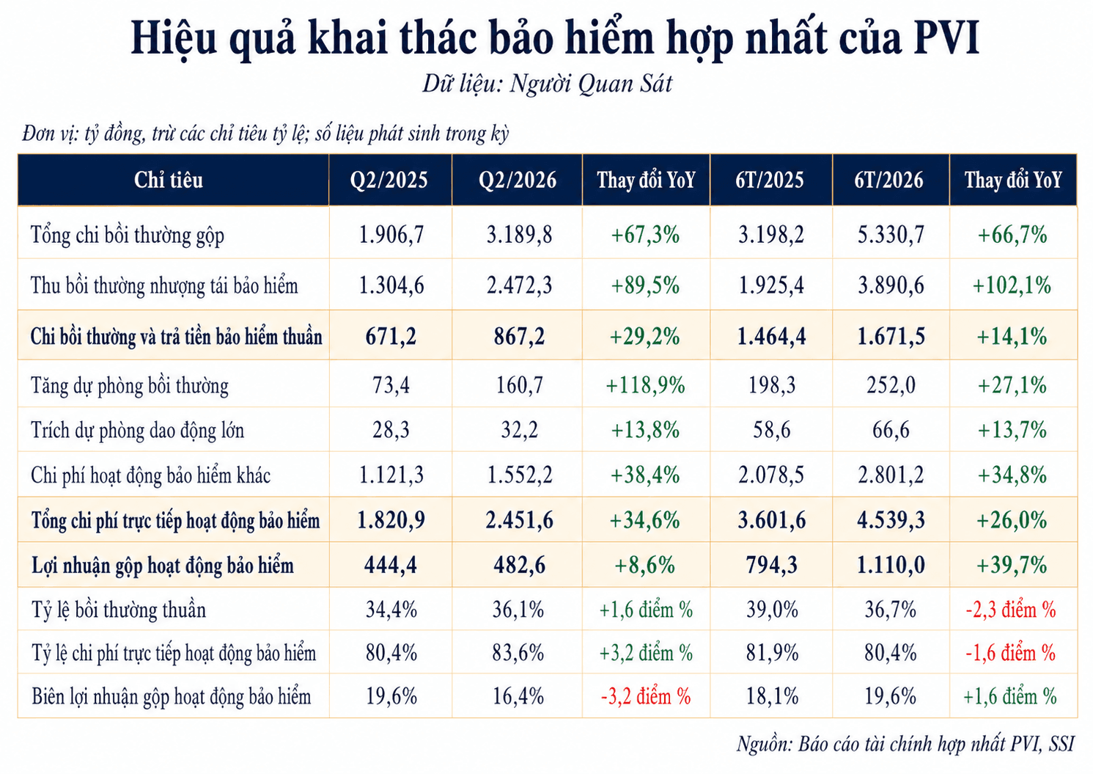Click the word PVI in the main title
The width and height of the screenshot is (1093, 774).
[x=946, y=37]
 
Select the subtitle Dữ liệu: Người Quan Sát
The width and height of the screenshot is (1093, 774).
[x=547, y=84]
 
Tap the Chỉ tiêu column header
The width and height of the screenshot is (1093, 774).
[x=169, y=180]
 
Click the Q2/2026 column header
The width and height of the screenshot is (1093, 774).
[x=518, y=180]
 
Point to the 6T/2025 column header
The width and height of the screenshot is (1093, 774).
[x=770, y=180]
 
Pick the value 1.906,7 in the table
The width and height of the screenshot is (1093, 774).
[x=391, y=235]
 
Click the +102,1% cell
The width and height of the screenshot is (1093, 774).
[x=1012, y=285]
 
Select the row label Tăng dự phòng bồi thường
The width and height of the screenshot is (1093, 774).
[x=129, y=387]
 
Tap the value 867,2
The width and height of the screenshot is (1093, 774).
[x=519, y=337]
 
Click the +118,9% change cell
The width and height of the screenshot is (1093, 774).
[x=645, y=385]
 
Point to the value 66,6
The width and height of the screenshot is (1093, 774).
[x=891, y=430]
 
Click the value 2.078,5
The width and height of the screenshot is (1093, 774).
[x=771, y=475]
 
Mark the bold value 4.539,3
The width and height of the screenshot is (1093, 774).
[x=891, y=521]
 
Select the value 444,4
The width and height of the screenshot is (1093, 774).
[x=390, y=566]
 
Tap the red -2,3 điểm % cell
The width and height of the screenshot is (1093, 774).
[x=1011, y=610]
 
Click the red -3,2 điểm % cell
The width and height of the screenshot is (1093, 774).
[x=646, y=697]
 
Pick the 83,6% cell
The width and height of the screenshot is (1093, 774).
[x=518, y=654]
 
